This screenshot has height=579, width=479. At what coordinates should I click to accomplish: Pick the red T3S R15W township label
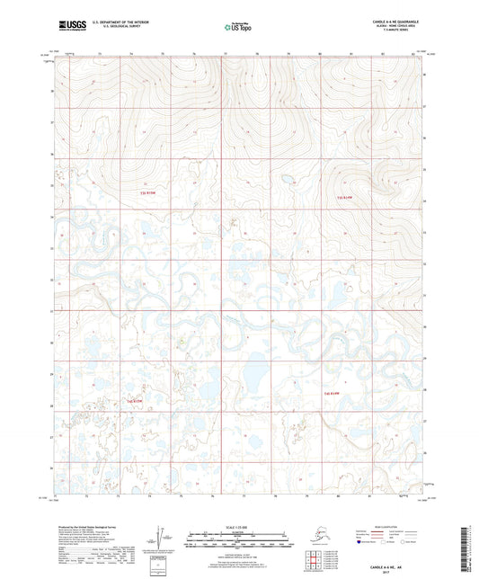point(149,193)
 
